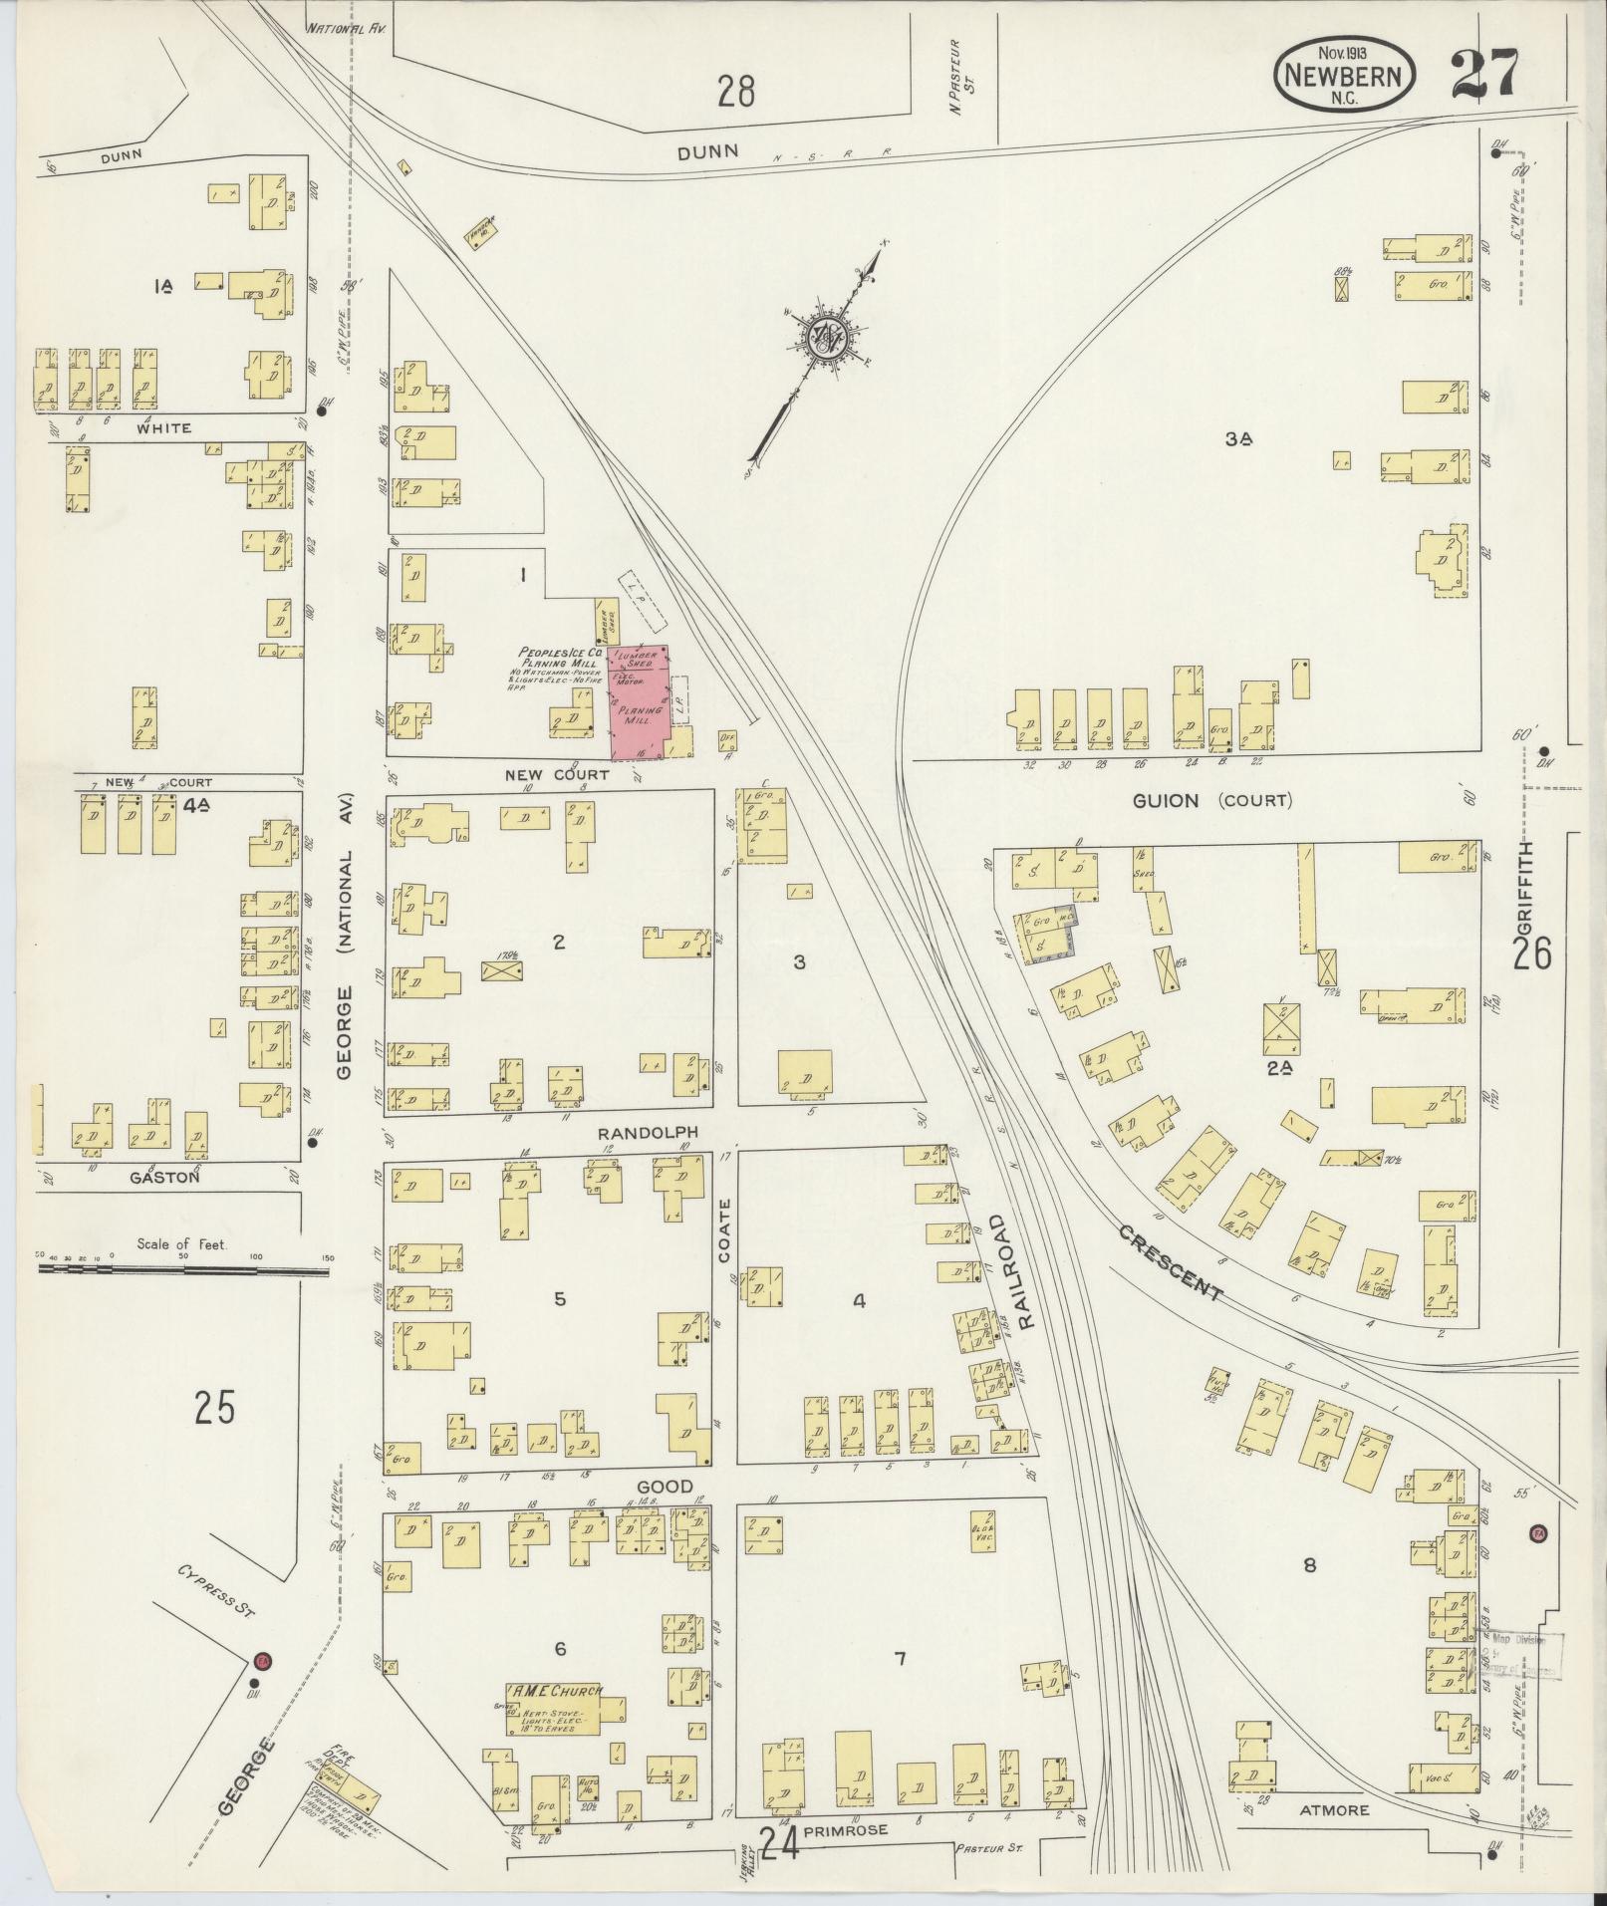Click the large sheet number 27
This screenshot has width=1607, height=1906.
click(x=1483, y=76)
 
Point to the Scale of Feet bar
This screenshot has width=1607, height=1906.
click(x=183, y=1269)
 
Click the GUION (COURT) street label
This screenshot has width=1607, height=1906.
click(x=1210, y=800)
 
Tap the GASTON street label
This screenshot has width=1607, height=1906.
click(x=166, y=1177)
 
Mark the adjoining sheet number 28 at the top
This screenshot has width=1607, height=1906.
click(x=736, y=93)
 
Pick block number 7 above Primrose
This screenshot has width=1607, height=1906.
click(x=900, y=1658)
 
